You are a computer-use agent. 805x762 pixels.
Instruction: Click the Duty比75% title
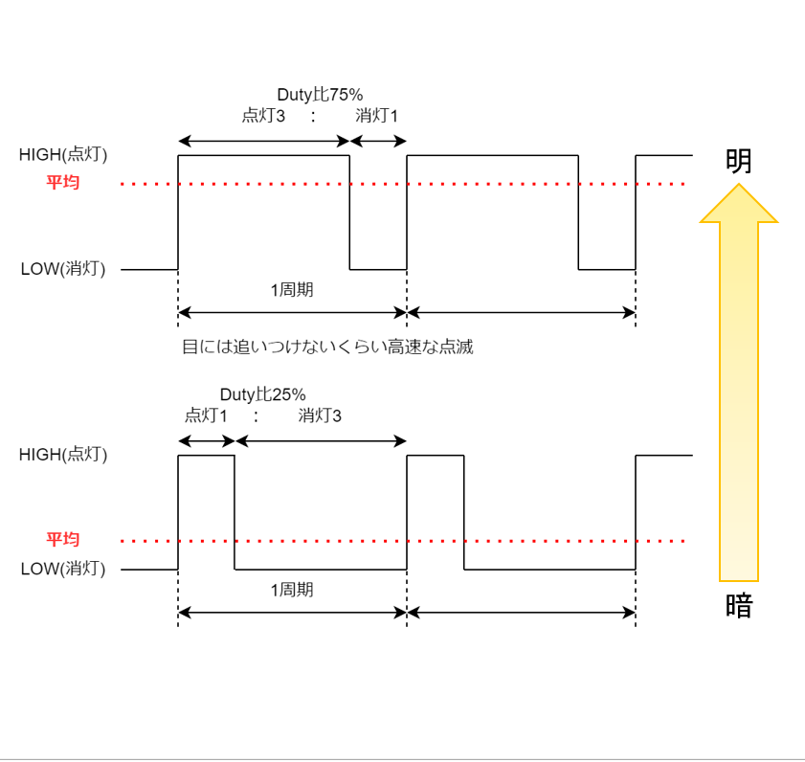tap(320, 94)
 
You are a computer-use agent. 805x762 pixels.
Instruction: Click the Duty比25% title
tap(262, 394)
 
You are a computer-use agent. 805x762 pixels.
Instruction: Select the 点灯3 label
tap(263, 116)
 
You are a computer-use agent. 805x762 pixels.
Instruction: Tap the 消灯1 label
tap(376, 116)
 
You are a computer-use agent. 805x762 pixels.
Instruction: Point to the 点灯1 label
tap(206, 416)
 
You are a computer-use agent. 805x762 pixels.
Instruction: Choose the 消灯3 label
tap(320, 416)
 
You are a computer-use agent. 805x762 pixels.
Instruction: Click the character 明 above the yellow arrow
tap(738, 161)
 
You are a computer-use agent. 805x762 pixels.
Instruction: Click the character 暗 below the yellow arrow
tap(738, 606)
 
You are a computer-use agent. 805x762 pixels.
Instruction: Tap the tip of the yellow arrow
tap(738, 188)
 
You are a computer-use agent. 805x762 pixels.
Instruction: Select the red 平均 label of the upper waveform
tap(63, 182)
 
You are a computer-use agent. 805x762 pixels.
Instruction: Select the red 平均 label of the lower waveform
tap(63, 539)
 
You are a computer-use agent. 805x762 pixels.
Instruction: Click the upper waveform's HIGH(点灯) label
tap(63, 154)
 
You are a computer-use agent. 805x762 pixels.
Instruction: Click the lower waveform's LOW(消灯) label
tap(63, 569)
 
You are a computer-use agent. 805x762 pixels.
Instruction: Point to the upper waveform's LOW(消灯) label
tap(63, 269)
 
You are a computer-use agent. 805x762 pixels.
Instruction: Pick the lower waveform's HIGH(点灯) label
tap(63, 455)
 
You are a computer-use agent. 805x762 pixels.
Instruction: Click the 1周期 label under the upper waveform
tap(292, 290)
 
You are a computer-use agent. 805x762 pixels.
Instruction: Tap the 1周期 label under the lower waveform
tap(292, 590)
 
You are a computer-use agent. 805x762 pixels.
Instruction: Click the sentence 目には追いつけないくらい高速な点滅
tap(327, 347)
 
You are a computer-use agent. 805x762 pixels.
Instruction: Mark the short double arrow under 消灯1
tap(378, 142)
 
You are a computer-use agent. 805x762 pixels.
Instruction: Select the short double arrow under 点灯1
tap(207, 440)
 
